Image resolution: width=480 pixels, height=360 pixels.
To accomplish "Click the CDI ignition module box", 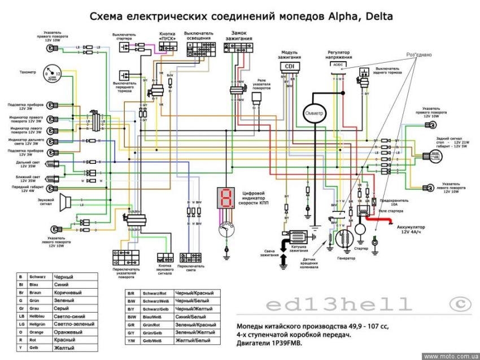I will click(289, 66).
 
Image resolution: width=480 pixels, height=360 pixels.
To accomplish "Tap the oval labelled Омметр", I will click(314, 113).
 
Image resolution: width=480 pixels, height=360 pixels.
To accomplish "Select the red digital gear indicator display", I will click(226, 198).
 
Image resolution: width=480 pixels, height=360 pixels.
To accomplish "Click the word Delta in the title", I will click(373, 16).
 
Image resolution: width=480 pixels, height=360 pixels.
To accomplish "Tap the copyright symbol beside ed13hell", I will click(460, 304).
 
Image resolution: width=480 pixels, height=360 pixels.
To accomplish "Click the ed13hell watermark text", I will click(339, 305).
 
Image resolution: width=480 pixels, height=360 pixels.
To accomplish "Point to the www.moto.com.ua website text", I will click(450, 356).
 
